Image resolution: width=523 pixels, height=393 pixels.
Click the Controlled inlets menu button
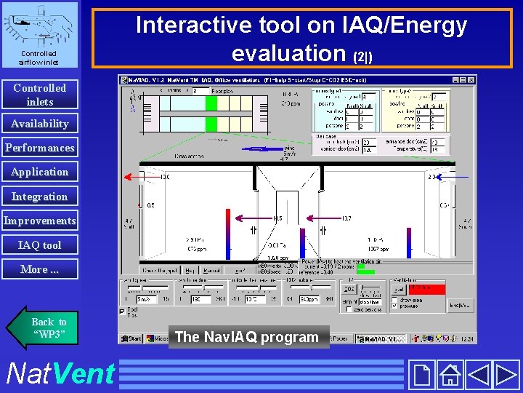pyautogui.click(x=39, y=95)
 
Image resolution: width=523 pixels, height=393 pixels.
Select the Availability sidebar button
pyautogui.click(x=39, y=124)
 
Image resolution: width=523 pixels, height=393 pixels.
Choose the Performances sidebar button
pyautogui.click(x=39, y=148)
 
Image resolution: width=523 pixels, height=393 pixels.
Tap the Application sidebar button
pyautogui.click(x=39, y=172)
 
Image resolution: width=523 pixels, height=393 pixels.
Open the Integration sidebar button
pyautogui.click(x=39, y=196)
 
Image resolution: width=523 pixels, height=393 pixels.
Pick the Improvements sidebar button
pyautogui.click(x=39, y=221)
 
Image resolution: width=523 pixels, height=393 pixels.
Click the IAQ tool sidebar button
pyautogui.click(x=39, y=245)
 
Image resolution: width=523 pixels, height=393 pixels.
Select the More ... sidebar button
pyautogui.click(x=39, y=269)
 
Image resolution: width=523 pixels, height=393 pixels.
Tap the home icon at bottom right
pyautogui.click(x=451, y=375)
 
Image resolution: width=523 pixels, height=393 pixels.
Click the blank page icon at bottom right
pyautogui.click(x=422, y=375)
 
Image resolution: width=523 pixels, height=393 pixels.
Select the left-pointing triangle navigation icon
pyautogui.click(x=478, y=375)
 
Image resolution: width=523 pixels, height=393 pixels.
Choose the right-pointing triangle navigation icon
pyautogui.click(x=506, y=375)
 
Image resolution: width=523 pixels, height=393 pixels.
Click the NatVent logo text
pyautogui.click(x=60, y=373)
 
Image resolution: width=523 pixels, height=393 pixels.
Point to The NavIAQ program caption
pyautogui.click(x=248, y=337)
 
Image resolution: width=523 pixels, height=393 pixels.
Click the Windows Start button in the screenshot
pyautogui.click(x=131, y=338)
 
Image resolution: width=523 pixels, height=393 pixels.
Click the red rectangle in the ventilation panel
pyautogui.click(x=428, y=289)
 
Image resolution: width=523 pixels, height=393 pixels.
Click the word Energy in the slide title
pyautogui.click(x=421, y=25)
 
